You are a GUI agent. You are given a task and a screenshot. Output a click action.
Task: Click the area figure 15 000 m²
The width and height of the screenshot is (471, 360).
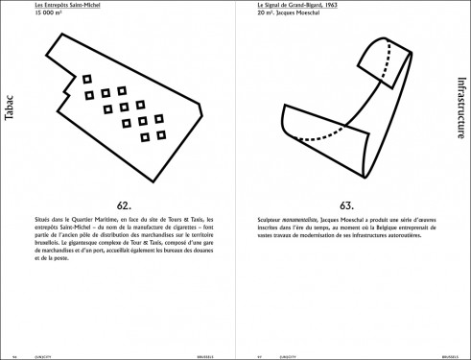51,15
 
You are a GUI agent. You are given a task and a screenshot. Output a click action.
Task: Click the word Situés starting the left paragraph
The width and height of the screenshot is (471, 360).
42,221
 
